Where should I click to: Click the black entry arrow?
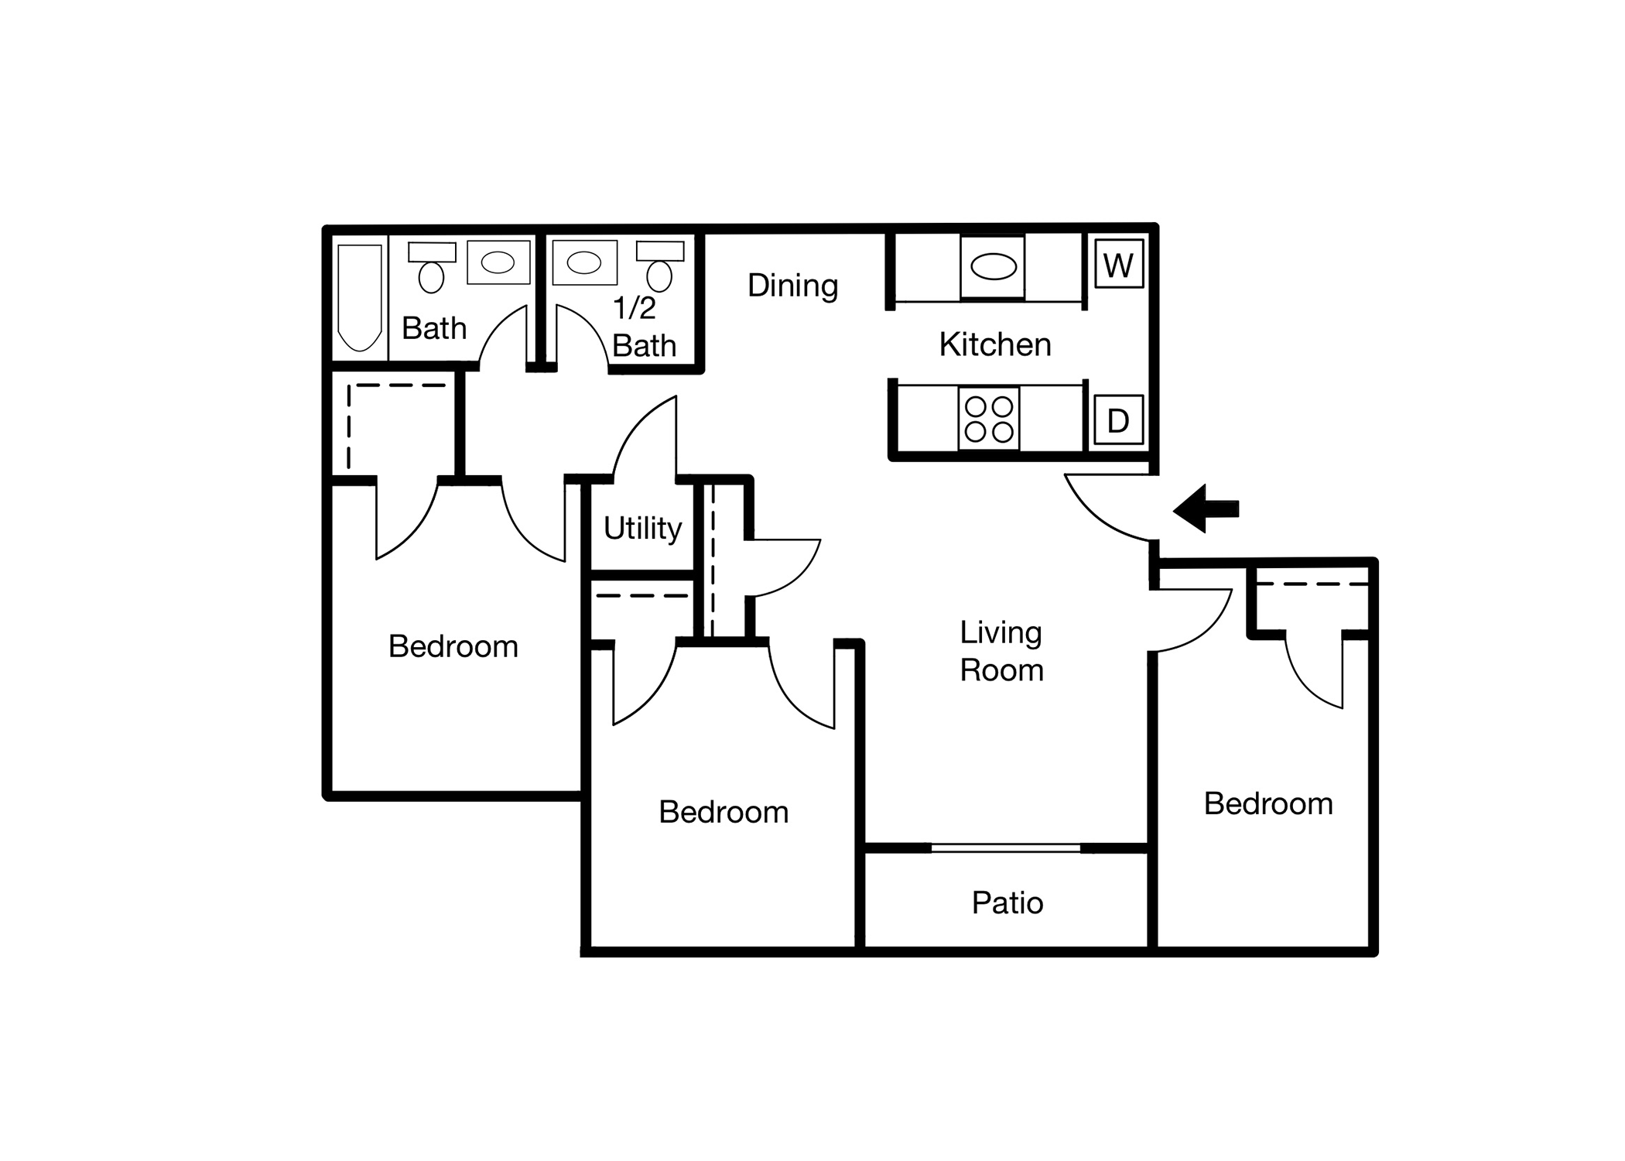(x=1206, y=509)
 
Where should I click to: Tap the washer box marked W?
(x=1119, y=264)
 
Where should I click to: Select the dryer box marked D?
(x=1118, y=420)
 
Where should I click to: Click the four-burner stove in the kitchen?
(x=989, y=419)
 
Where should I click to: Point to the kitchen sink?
(x=993, y=267)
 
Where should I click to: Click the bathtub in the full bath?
(x=360, y=298)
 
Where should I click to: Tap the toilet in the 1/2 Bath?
(x=660, y=265)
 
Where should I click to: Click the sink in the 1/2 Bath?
(x=584, y=262)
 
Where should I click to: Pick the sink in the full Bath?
(x=498, y=262)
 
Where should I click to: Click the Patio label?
(x=1007, y=902)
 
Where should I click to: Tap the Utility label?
(x=642, y=529)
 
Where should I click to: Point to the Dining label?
(x=792, y=286)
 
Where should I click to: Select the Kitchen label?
(x=995, y=344)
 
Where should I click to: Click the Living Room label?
(x=1001, y=651)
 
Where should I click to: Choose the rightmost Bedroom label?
(x=1268, y=803)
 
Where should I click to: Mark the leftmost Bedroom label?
(x=453, y=646)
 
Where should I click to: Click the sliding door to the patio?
(x=1006, y=848)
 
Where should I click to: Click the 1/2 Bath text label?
(x=645, y=327)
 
